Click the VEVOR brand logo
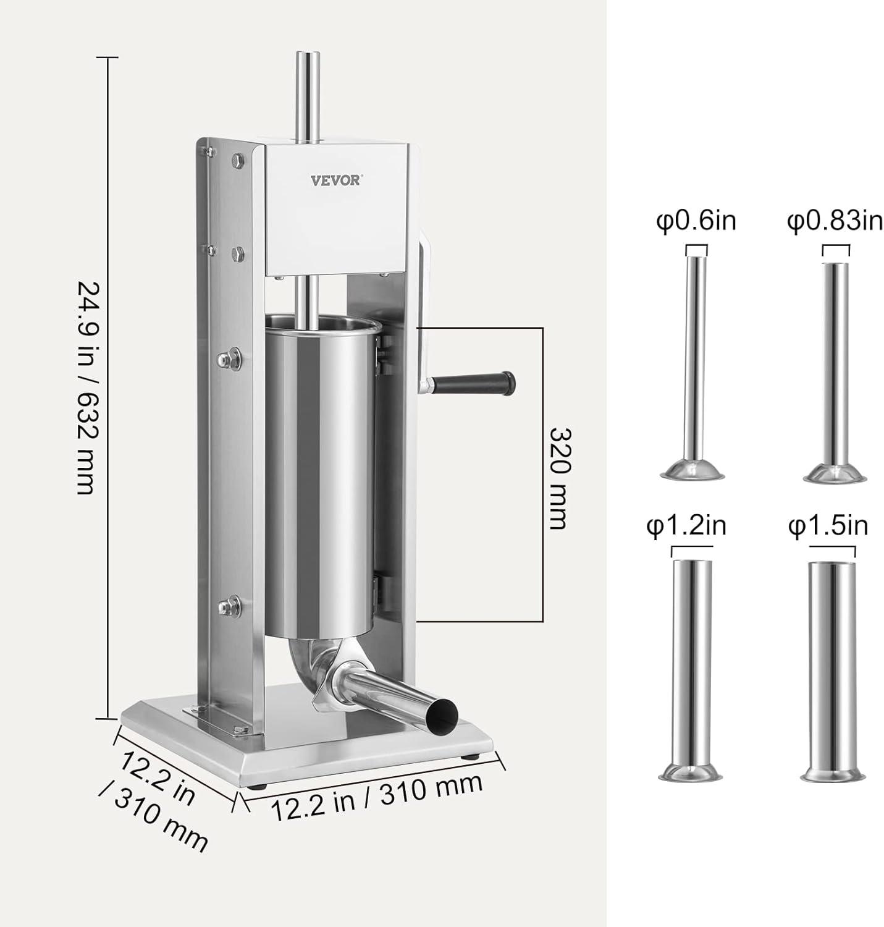[x=336, y=180]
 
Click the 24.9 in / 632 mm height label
[x=88, y=388]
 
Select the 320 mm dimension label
[x=561, y=478]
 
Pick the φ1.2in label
[x=686, y=525]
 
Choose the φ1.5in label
[x=828, y=525]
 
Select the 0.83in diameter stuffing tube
[x=835, y=373]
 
